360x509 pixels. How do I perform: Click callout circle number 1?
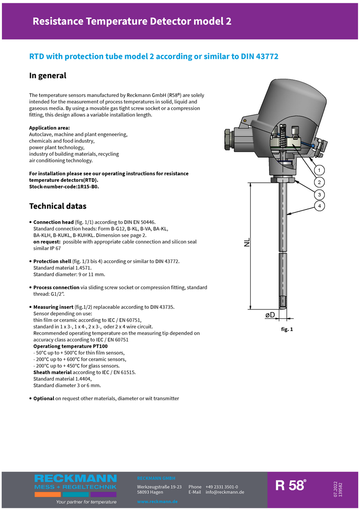(x=319, y=170)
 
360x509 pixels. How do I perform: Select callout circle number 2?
(x=319, y=182)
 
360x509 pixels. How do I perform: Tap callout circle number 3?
(x=319, y=194)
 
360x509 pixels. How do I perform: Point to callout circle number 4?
(x=319, y=206)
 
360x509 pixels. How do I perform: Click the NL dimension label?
(x=247, y=242)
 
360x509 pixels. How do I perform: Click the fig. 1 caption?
(x=287, y=329)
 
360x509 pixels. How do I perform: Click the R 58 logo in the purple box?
(x=291, y=486)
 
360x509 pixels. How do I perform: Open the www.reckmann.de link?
(x=157, y=502)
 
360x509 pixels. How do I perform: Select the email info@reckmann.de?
(x=225, y=492)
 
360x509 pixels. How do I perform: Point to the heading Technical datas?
(x=58, y=206)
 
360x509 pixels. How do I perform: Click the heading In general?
(x=48, y=75)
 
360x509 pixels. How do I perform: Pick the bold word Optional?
(x=44, y=398)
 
